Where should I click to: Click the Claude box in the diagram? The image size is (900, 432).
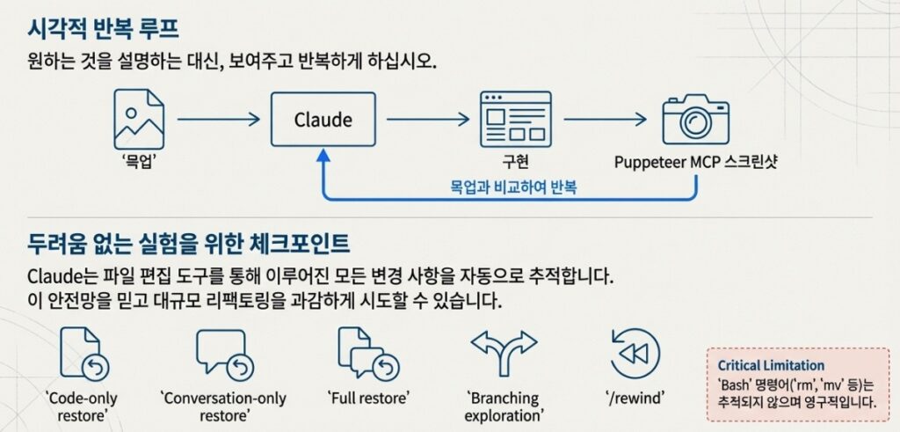click(323, 119)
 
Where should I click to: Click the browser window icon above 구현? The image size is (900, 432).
click(515, 119)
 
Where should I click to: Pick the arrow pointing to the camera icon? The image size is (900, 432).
click(606, 119)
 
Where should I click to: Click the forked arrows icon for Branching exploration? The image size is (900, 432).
click(504, 352)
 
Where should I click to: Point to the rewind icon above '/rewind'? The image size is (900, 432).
click(635, 353)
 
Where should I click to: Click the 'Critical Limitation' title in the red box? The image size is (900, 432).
click(771, 365)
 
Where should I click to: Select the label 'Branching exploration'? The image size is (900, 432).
click(504, 406)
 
